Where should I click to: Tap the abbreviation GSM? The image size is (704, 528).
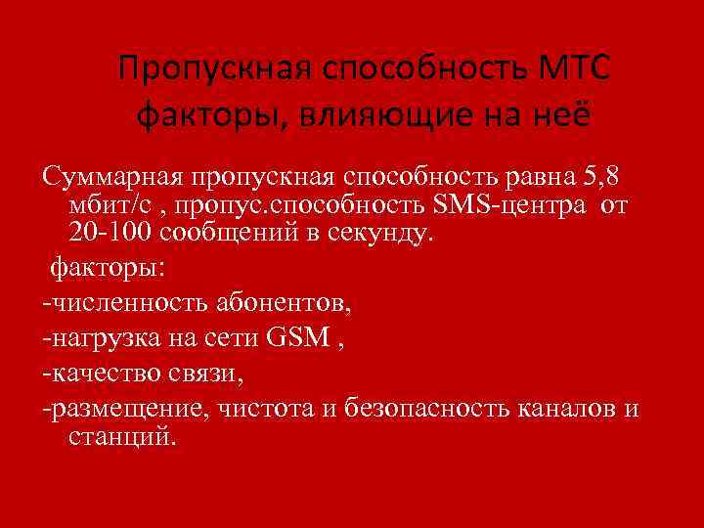(297, 339)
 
